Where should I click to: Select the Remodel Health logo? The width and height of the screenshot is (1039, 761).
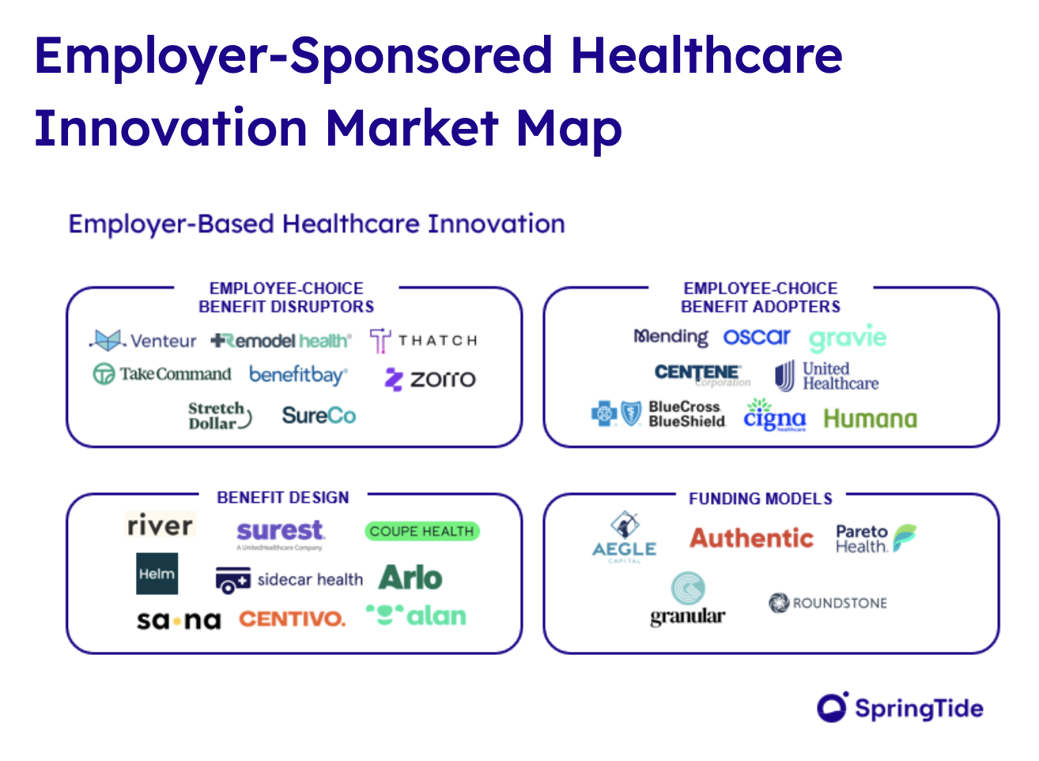[281, 341]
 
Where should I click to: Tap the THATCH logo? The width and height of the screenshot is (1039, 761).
[424, 341]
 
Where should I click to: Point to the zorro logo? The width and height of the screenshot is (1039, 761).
[430, 379]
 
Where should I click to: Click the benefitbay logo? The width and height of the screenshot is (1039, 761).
[298, 375]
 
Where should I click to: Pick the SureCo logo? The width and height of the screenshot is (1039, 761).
[319, 415]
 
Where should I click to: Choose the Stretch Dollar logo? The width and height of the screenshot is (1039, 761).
[219, 415]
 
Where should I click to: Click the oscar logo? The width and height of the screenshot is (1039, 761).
[757, 337]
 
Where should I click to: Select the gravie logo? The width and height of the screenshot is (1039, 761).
[848, 339]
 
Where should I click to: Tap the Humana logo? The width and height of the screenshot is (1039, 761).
[870, 418]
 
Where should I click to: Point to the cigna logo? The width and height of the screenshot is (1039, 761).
[774, 416]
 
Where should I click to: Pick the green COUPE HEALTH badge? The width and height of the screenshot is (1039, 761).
[421, 532]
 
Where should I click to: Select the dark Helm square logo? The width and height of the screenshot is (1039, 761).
[157, 574]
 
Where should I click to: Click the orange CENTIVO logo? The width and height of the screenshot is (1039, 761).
[293, 619]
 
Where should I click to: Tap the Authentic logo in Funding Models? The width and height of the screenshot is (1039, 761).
[751, 538]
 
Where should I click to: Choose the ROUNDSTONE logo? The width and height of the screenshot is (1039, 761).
[828, 603]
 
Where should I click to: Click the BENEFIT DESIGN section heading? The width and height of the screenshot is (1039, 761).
[283, 498]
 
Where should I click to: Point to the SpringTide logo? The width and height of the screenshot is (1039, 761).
[901, 707]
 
